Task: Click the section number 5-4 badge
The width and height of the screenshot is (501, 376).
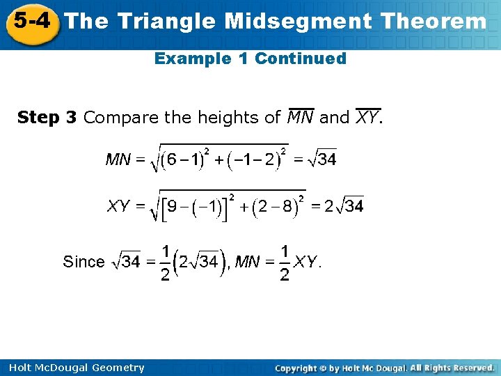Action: coord(30,21)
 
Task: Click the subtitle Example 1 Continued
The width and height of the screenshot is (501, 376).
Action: coord(250,58)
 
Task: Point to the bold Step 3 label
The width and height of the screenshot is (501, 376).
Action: coord(47,118)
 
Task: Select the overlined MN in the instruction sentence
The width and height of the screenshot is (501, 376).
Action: coord(301,117)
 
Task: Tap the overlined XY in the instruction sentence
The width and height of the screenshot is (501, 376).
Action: coord(367,117)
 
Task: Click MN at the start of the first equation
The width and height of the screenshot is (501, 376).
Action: coord(118,160)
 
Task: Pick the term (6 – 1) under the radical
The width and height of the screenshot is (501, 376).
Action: coord(181,160)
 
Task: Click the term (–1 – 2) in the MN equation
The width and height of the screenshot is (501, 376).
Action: coord(257,160)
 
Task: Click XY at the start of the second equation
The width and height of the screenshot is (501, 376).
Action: coord(119,206)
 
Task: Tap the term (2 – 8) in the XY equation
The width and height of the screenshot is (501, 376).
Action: coord(276,207)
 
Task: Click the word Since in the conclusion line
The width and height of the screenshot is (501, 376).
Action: coord(83,262)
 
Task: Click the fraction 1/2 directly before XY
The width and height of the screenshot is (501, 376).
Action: coord(285,263)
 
